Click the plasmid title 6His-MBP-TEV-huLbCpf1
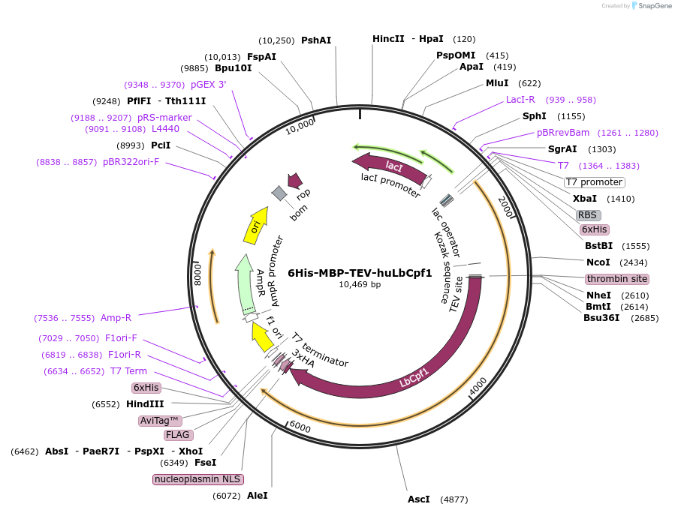tap(360, 273)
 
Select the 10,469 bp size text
tap(360, 285)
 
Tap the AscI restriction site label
tap(419, 499)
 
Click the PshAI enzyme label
tap(316, 40)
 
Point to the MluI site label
tap(497, 83)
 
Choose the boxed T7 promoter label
tap(594, 182)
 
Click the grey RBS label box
tap(587, 214)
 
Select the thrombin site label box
tap(617, 279)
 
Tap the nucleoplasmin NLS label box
tap(199, 479)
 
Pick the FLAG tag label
tap(178, 435)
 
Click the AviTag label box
tap(161, 420)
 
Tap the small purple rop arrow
tap(295, 180)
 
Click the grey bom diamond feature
tap(279, 193)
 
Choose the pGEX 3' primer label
tap(208, 85)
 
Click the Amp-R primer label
tap(116, 318)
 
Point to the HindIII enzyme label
tap(145, 404)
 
